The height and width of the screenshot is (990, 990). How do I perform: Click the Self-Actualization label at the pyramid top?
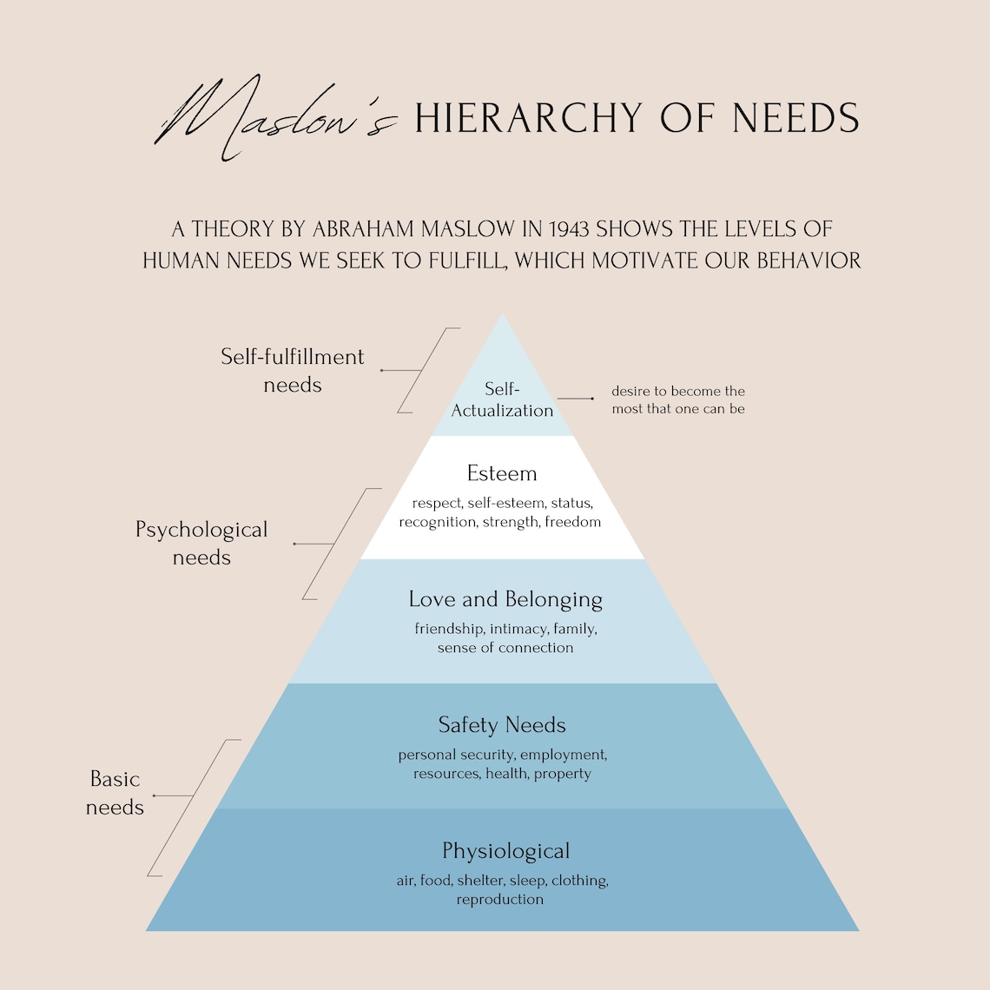click(x=502, y=400)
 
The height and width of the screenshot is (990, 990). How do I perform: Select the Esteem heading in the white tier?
click(x=502, y=473)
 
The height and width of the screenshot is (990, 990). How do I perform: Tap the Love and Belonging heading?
click(x=505, y=599)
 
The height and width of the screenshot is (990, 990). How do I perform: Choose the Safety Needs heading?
click(x=502, y=725)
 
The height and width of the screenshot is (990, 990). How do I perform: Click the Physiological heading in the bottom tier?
click(x=505, y=851)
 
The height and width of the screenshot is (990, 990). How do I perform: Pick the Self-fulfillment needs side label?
click(x=293, y=371)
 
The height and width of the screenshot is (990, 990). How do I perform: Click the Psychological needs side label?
click(x=201, y=544)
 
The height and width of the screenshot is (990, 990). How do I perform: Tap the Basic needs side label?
click(x=115, y=793)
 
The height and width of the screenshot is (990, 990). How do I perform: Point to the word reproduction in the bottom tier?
click(x=500, y=900)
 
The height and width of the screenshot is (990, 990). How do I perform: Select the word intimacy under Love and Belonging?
click(x=518, y=629)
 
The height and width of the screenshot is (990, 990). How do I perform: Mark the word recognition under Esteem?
click(x=438, y=522)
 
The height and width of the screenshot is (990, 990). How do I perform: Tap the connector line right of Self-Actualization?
click(x=575, y=399)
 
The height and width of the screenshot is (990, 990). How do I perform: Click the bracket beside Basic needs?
click(x=193, y=808)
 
